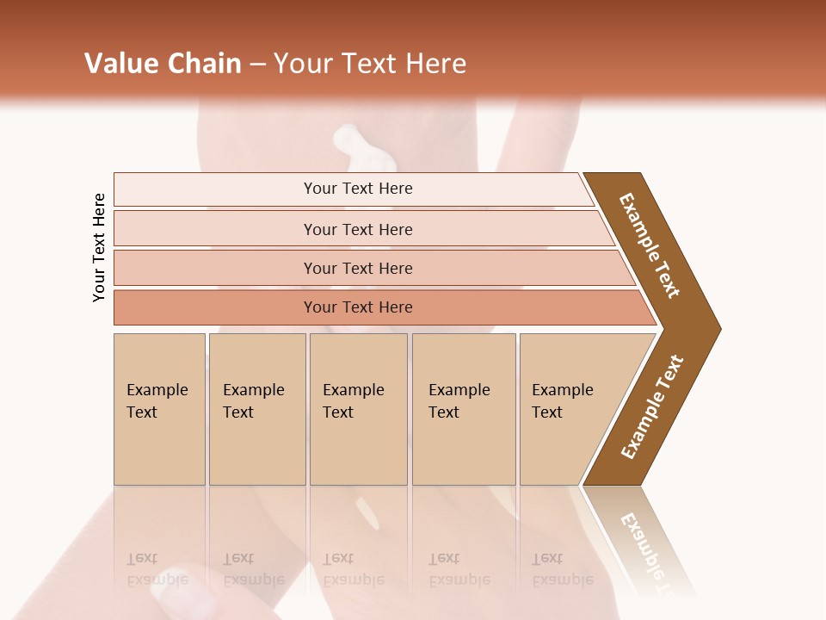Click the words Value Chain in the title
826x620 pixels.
163,64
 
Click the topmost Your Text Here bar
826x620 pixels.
357,189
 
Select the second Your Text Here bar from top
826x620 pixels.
357,229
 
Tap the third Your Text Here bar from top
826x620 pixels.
357,268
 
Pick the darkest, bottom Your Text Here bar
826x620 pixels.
357,307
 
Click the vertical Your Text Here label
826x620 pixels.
100,248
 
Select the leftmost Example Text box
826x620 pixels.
159,409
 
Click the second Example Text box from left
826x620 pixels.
256,409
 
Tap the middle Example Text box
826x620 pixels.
358,409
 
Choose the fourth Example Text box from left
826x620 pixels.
464,409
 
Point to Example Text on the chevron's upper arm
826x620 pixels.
650,246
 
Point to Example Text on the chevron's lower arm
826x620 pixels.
652,407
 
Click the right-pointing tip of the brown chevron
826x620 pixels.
714,328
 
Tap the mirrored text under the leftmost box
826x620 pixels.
157,569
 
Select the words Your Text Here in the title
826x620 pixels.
370,64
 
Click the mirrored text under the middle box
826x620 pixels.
354,569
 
